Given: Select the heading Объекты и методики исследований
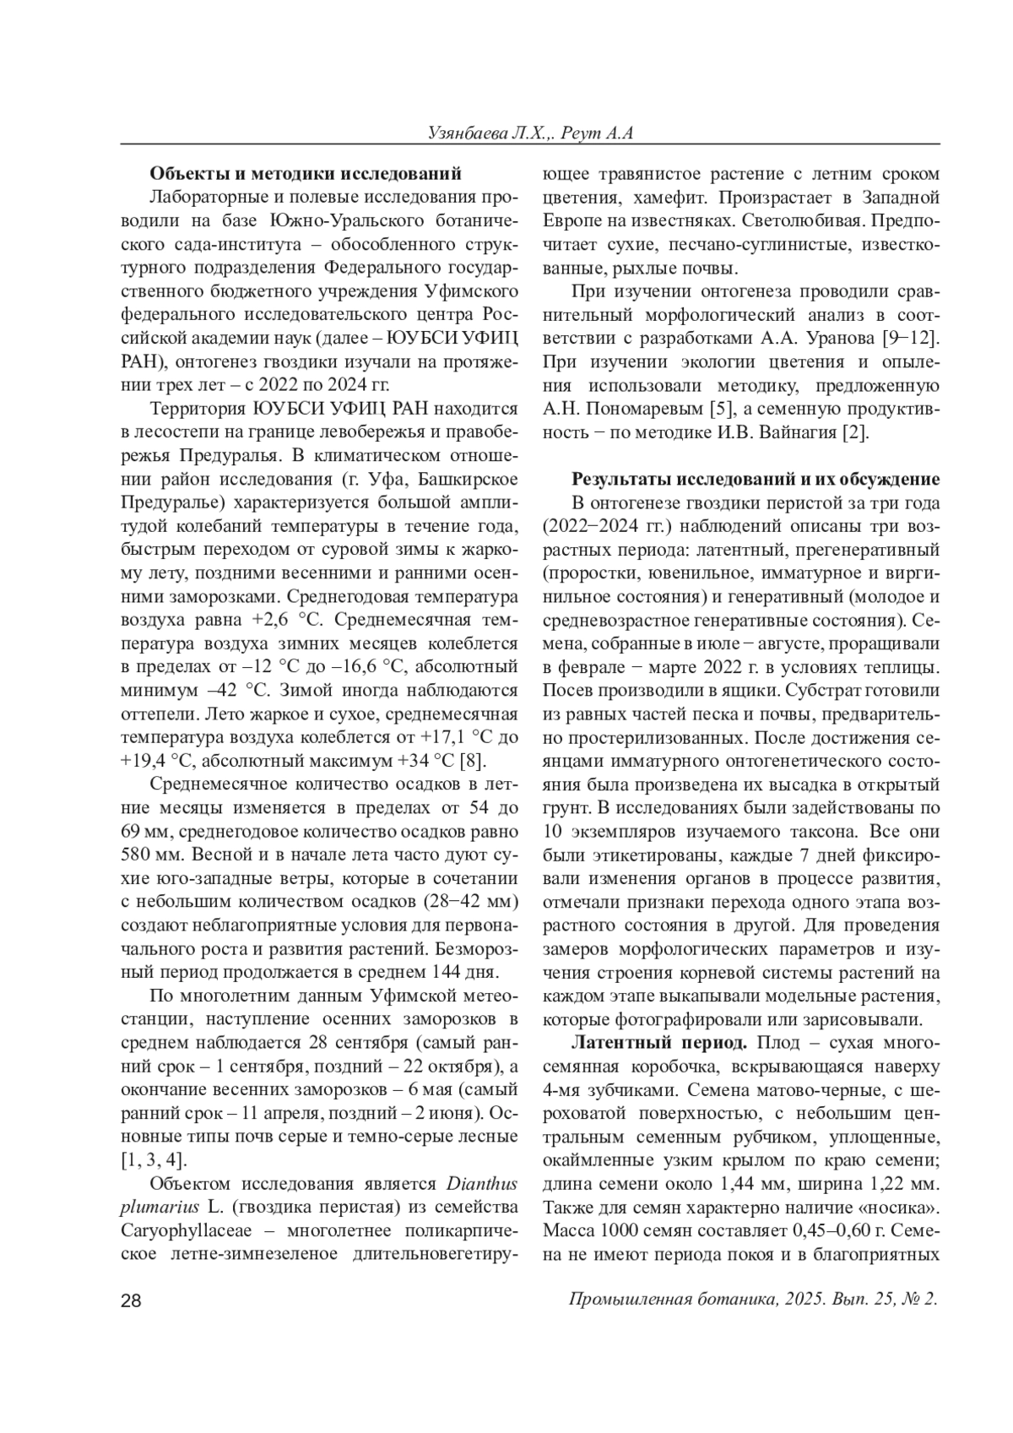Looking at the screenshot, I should click(x=306, y=174).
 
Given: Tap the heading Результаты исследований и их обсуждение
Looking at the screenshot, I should click(x=756, y=480).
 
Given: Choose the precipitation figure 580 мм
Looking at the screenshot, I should click(x=149, y=854).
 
